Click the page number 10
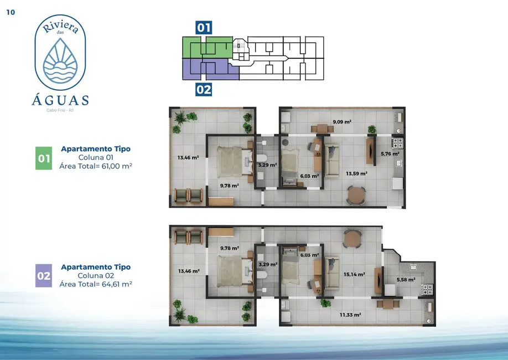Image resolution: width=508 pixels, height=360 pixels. click(x=11, y=12)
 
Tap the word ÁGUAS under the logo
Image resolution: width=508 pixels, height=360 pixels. click(x=60, y=100)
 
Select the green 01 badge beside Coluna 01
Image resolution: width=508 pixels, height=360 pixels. click(x=44, y=158)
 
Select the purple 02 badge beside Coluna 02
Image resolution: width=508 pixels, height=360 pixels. click(x=44, y=276)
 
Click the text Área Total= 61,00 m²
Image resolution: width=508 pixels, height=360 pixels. click(x=96, y=166)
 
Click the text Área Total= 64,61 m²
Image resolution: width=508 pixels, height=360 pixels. click(x=96, y=284)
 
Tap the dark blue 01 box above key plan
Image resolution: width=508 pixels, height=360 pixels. click(x=204, y=28)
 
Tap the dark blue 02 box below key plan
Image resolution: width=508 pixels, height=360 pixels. click(x=204, y=89)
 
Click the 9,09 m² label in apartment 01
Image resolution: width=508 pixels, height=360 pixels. click(x=342, y=122)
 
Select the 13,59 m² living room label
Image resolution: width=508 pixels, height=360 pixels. click(x=357, y=173)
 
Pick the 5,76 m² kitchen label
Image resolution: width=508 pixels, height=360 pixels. click(x=390, y=154)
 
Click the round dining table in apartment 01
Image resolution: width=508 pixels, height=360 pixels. click(x=356, y=194)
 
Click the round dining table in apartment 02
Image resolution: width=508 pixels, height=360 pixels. click(x=352, y=239)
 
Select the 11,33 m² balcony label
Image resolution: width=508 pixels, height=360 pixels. click(x=350, y=315)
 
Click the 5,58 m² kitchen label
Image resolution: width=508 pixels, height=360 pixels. click(x=406, y=280)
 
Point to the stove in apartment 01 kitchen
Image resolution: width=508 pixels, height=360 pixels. click(x=398, y=142)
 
